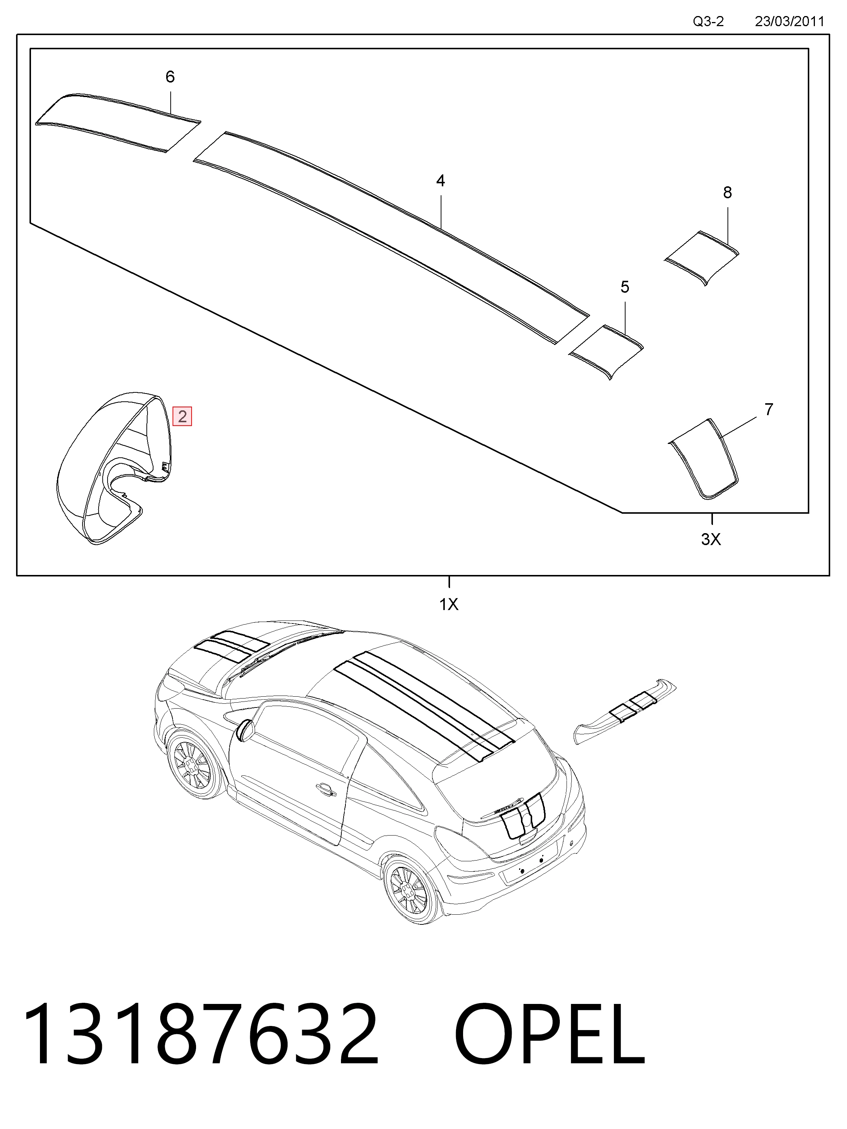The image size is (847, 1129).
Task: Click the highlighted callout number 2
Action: (182, 416)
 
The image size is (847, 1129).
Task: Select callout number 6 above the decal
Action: (170, 77)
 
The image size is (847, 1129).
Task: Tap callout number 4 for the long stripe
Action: (441, 181)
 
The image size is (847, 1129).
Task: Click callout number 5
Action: (625, 287)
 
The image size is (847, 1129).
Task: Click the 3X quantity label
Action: (711, 539)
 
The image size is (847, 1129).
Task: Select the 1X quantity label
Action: (449, 604)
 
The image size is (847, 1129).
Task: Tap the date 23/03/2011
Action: (789, 21)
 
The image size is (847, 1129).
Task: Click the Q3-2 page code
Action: (708, 21)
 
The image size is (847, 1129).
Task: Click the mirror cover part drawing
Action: (113, 469)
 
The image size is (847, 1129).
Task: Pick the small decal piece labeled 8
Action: (701, 258)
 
